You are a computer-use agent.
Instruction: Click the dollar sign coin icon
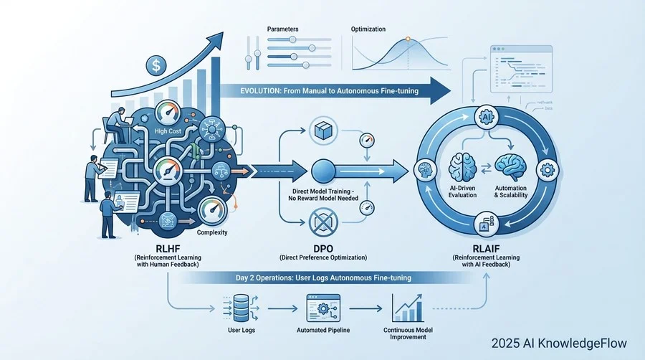point(154,66)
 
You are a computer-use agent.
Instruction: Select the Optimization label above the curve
point(368,29)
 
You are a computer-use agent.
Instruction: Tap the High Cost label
point(169,132)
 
